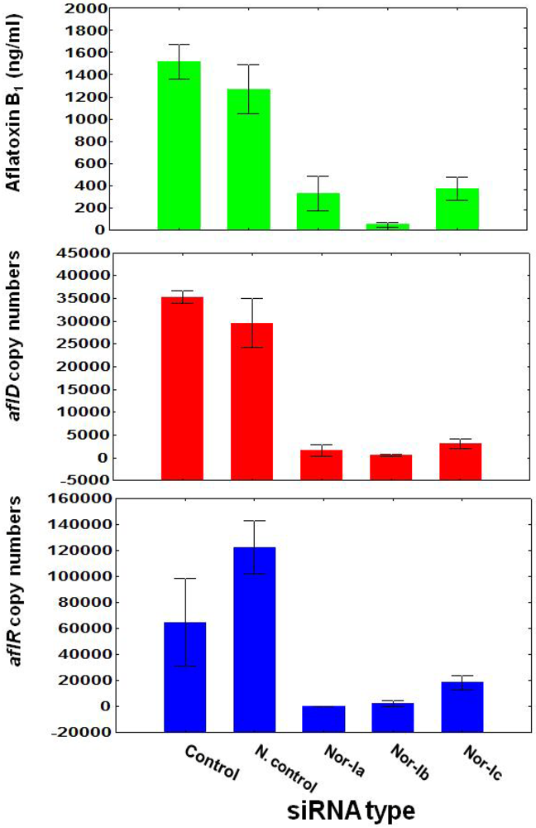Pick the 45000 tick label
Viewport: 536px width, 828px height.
[82, 253]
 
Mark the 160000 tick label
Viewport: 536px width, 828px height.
[79, 498]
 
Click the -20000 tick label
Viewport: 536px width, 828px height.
[79, 732]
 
